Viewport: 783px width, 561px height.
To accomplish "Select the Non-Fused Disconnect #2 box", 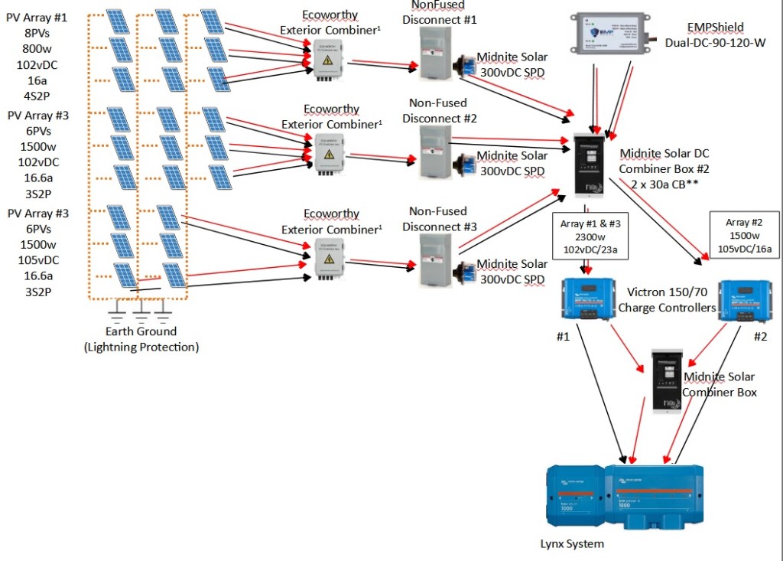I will click(437, 152).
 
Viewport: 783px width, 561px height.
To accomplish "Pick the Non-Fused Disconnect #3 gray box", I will click(437, 260).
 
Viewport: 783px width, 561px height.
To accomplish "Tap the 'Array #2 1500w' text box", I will click(745, 236).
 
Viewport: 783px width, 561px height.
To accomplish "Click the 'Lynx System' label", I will click(572, 544).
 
